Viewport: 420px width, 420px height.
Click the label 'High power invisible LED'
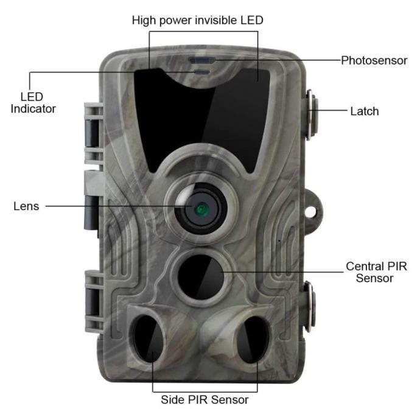click(197, 20)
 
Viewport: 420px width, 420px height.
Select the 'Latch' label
click(364, 111)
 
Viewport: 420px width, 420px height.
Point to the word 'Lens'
click(26, 206)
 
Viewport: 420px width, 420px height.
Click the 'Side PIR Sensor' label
click(205, 400)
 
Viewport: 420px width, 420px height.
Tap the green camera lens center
click(200, 209)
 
